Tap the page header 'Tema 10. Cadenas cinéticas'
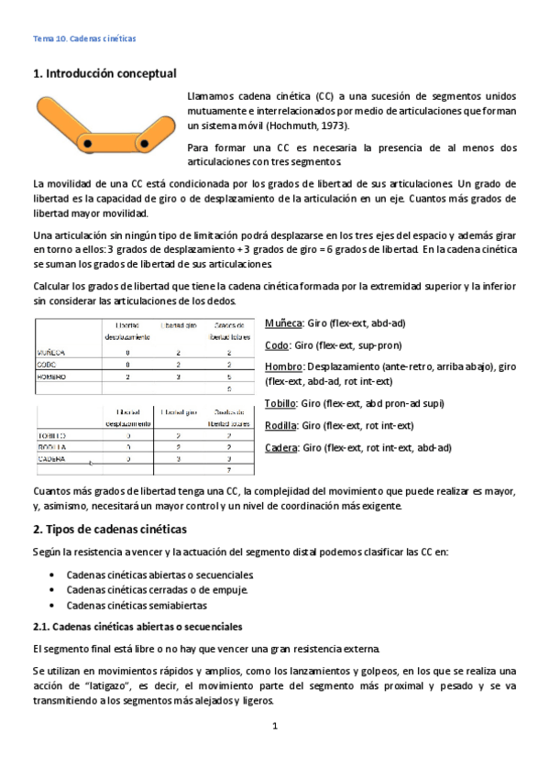click(x=84, y=39)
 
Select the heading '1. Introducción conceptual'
click(x=104, y=72)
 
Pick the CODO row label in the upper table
click(x=47, y=364)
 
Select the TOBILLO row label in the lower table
click(x=51, y=435)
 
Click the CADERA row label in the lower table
click(x=51, y=458)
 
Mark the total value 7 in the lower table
click(x=228, y=470)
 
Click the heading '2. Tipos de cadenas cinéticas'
click(x=109, y=529)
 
